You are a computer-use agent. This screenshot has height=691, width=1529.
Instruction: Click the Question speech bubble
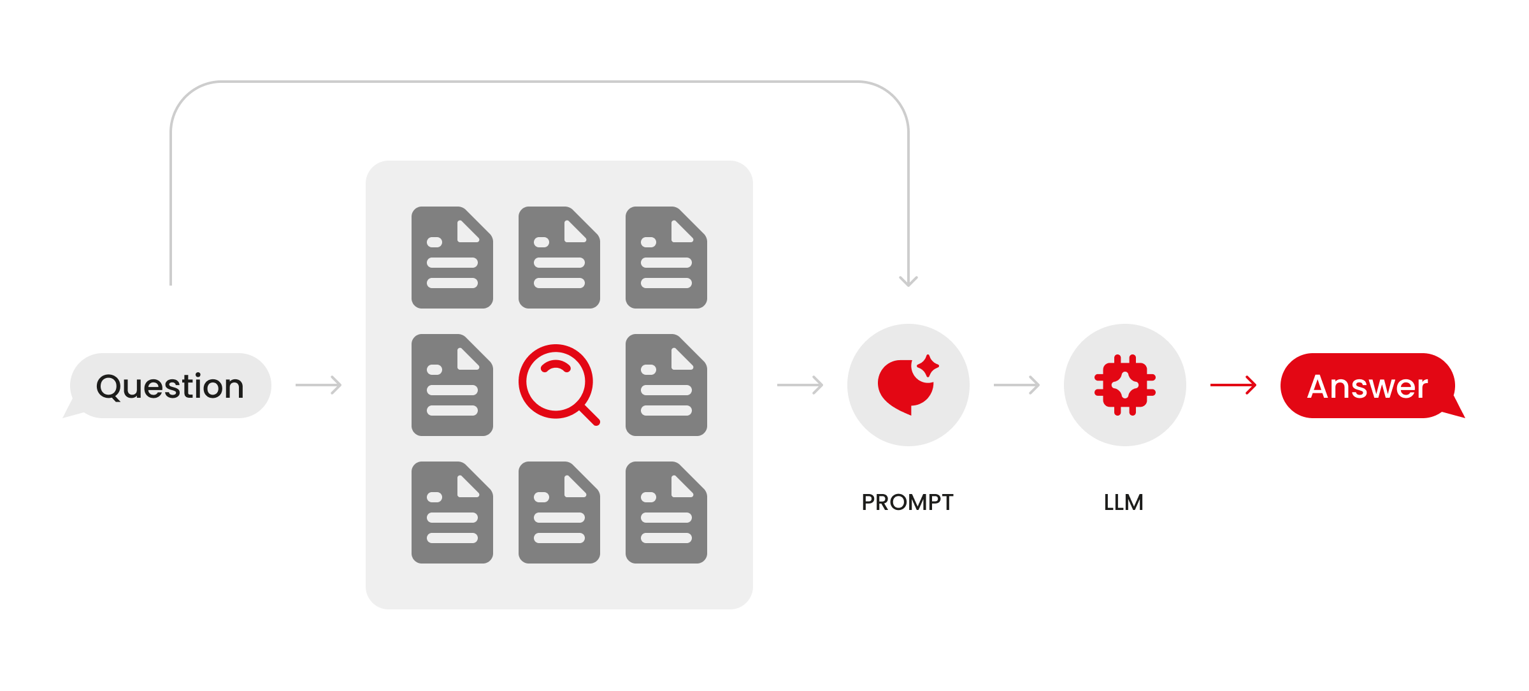pyautogui.click(x=169, y=386)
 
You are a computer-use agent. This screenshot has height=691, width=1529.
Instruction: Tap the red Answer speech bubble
pyautogui.click(x=1370, y=386)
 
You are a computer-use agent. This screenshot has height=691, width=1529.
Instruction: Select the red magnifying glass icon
pyautogui.click(x=558, y=384)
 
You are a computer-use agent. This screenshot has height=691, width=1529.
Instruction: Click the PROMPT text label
pyautogui.click(x=907, y=502)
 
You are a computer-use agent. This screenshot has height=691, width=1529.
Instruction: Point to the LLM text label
pyautogui.click(x=1124, y=502)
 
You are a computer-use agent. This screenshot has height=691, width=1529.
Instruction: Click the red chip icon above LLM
pyautogui.click(x=1125, y=385)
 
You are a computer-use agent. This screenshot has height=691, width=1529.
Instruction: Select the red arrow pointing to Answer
pyautogui.click(x=1233, y=385)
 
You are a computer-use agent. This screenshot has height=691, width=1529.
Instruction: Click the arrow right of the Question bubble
pyautogui.click(x=319, y=385)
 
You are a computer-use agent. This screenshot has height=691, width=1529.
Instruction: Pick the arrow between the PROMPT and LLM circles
pyautogui.click(x=1017, y=385)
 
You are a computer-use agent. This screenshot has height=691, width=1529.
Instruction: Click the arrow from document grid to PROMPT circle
pyautogui.click(x=800, y=385)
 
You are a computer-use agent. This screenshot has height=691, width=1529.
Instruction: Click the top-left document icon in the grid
pyautogui.click(x=452, y=258)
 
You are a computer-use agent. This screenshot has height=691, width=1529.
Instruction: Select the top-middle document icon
pyautogui.click(x=559, y=258)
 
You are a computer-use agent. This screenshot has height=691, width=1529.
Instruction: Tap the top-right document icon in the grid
pyautogui.click(x=666, y=258)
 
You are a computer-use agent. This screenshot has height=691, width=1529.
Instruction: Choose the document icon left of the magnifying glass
pyautogui.click(x=452, y=385)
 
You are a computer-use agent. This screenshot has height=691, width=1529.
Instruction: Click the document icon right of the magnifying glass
pyautogui.click(x=666, y=385)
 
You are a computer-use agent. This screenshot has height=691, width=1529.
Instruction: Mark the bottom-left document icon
pyautogui.click(x=452, y=513)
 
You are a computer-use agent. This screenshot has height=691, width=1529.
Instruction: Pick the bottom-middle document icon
pyautogui.click(x=559, y=513)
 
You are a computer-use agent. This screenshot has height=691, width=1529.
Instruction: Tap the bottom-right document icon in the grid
pyautogui.click(x=666, y=513)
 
